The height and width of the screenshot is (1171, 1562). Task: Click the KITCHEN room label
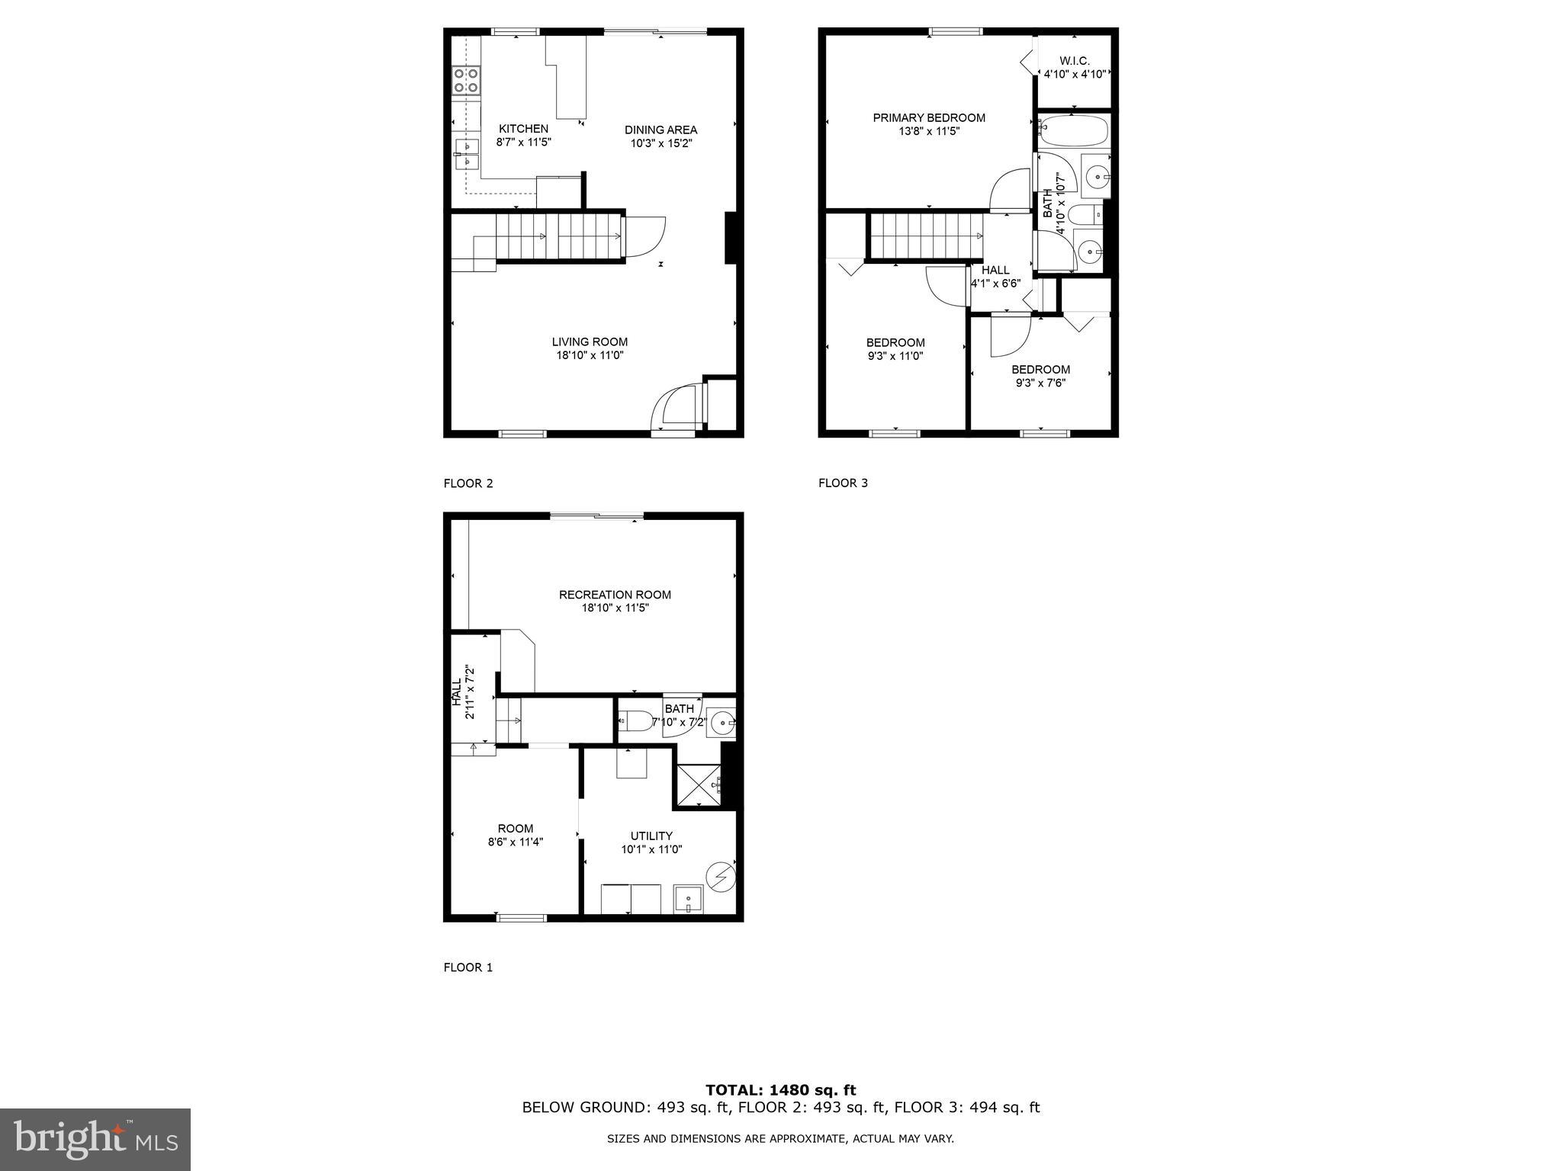(523, 129)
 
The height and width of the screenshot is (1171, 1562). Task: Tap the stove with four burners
(466, 81)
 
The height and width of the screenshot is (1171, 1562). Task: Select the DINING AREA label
(660, 130)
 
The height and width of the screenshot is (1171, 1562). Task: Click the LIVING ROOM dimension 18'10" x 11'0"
(590, 355)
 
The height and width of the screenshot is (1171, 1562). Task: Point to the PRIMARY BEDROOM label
(928, 117)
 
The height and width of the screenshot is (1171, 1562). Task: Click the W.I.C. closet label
(1074, 61)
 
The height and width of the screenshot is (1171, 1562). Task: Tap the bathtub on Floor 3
(1072, 131)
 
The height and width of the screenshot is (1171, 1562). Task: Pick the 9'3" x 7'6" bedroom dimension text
(1040, 383)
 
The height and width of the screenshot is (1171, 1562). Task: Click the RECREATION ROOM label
(615, 595)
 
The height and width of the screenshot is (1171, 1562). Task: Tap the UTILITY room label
(651, 836)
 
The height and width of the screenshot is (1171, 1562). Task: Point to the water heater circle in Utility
(721, 877)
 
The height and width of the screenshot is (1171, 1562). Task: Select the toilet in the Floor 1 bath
(635, 720)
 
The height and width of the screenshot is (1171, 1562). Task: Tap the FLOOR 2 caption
(468, 483)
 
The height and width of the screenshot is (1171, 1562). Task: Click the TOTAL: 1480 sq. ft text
(780, 1090)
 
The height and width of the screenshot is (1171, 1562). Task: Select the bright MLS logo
(95, 1140)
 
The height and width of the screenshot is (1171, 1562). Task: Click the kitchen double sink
(465, 154)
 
